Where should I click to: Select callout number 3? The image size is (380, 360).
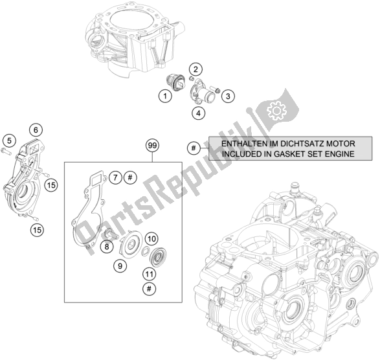[227, 96]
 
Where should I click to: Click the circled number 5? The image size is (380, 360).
[9, 140]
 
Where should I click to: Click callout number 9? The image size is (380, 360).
[119, 265]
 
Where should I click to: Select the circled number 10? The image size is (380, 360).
[151, 239]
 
